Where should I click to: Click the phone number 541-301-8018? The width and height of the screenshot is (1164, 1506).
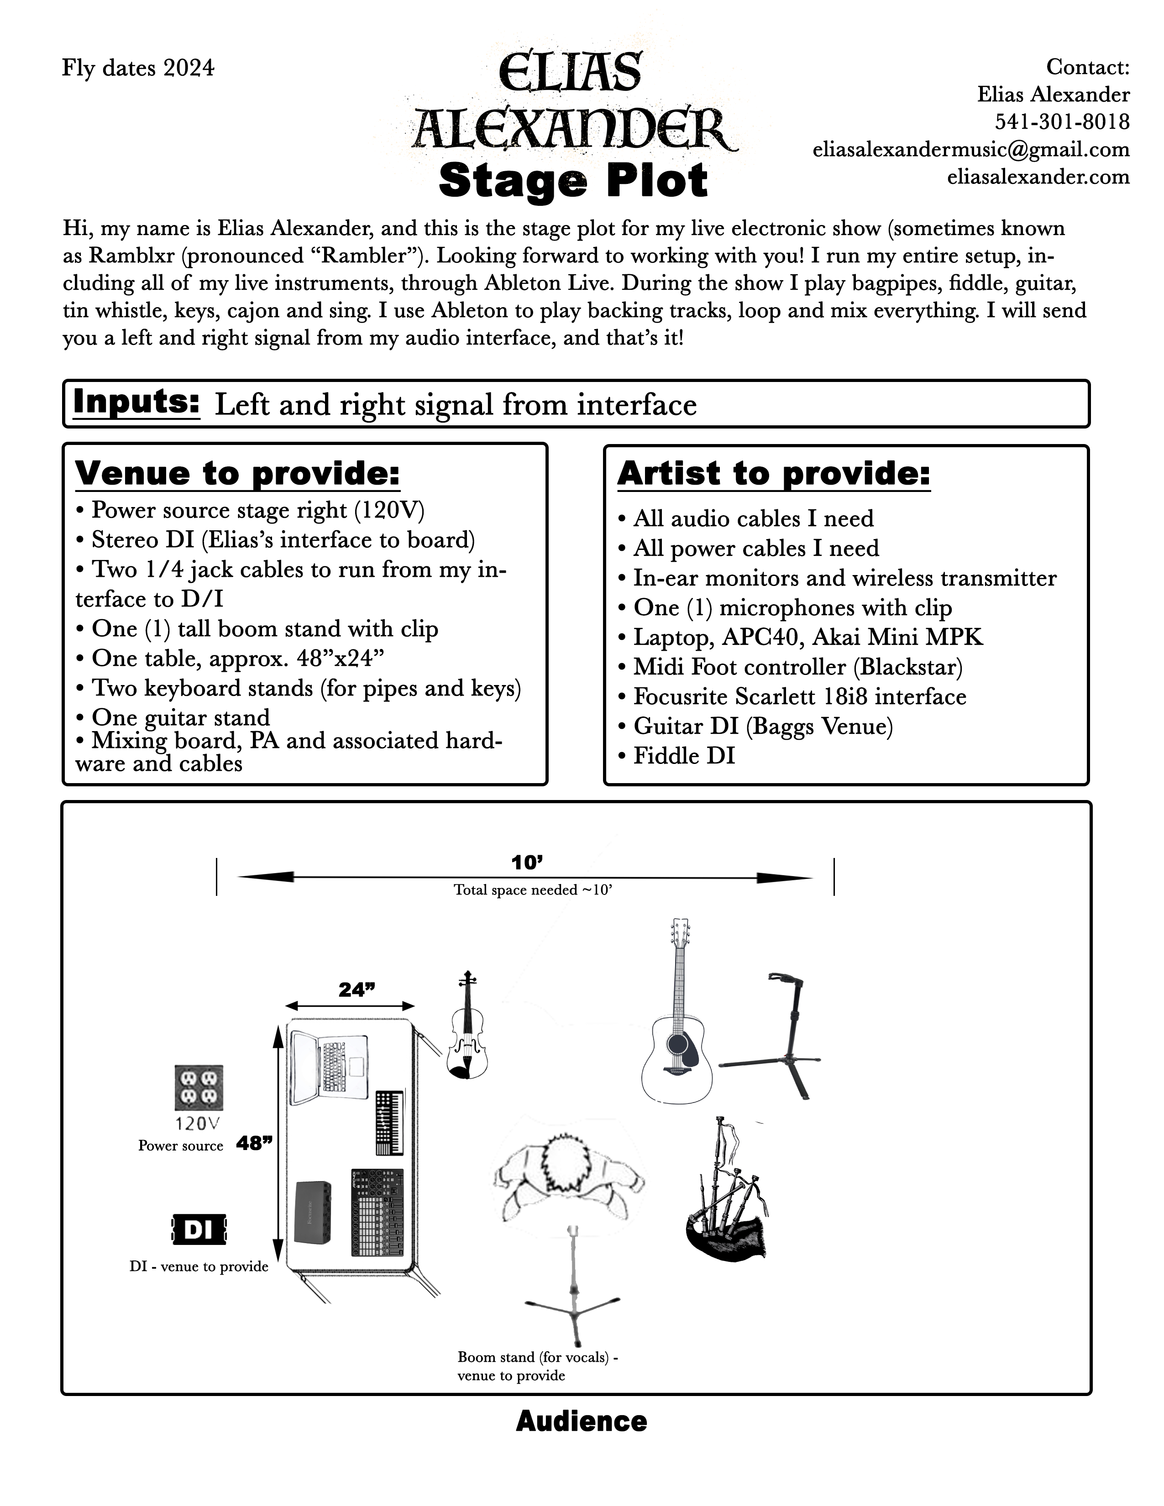[1061, 122]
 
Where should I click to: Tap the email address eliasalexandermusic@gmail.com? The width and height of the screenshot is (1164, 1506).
[971, 150]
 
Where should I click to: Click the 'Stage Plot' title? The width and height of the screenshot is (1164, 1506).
[573, 181]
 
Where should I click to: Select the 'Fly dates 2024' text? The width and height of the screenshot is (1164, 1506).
[138, 68]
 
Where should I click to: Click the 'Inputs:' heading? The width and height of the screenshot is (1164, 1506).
[136, 402]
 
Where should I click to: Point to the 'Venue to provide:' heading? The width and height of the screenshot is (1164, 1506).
[237, 473]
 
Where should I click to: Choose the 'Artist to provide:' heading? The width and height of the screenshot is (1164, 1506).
[774, 474]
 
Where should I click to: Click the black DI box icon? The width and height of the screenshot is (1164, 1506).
[198, 1229]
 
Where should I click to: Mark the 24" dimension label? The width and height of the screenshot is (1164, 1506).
[357, 990]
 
